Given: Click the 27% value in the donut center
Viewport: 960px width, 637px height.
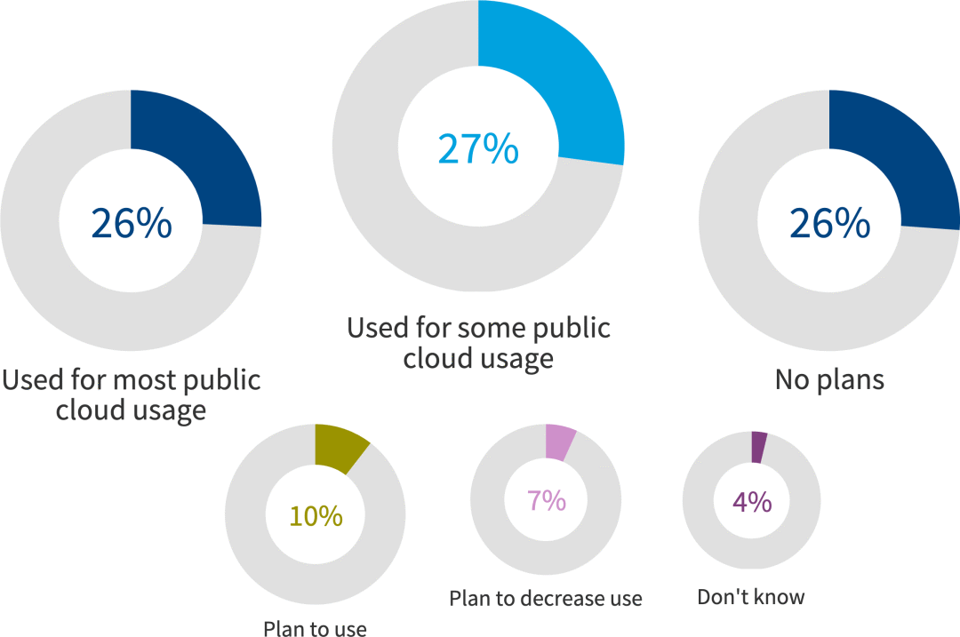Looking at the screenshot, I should pyautogui.click(x=478, y=148).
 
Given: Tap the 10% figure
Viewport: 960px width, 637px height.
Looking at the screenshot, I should pyautogui.click(x=316, y=515).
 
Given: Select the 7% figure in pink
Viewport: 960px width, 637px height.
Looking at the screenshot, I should pyautogui.click(x=546, y=501).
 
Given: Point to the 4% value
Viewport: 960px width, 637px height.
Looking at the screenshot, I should pyautogui.click(x=752, y=502).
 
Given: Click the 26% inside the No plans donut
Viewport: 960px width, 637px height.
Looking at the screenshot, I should pyautogui.click(x=829, y=223).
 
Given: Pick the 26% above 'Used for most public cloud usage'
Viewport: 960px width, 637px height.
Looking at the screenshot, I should pyautogui.click(x=131, y=223).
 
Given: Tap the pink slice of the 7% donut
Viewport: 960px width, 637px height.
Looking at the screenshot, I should pyautogui.click(x=559, y=443).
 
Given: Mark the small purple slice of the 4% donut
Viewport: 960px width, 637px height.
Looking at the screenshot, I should pyautogui.click(x=758, y=447).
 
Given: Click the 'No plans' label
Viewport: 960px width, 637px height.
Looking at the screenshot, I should pyautogui.click(x=829, y=380).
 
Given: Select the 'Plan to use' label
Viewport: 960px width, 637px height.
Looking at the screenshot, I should pyautogui.click(x=315, y=629).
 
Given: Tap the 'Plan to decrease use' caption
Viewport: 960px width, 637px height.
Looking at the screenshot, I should pyautogui.click(x=546, y=598).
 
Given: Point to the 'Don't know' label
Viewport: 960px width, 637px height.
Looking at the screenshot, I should pyautogui.click(x=751, y=596).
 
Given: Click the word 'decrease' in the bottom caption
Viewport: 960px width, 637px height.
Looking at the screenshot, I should pyautogui.click(x=560, y=598).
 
